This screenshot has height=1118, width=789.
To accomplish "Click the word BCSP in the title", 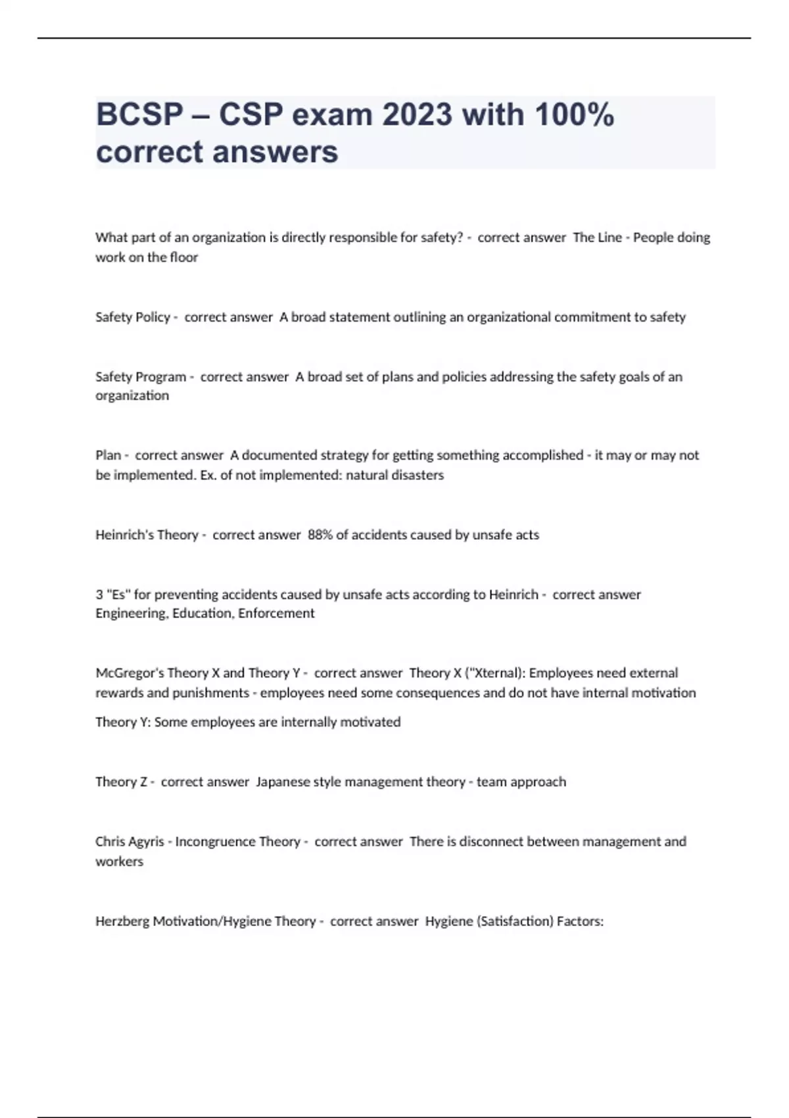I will [x=139, y=115].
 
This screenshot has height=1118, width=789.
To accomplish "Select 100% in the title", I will [x=574, y=115].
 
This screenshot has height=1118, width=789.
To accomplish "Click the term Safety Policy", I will [x=133, y=317].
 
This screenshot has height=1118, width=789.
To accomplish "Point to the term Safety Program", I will [x=141, y=377].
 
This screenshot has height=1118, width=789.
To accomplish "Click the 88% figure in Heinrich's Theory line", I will [x=320, y=535].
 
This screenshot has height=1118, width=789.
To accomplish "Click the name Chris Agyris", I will [x=130, y=841].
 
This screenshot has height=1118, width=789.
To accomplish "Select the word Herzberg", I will [x=122, y=921].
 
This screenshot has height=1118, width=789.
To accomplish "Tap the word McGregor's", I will [x=129, y=673].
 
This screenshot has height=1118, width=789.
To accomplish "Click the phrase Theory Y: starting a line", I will [x=123, y=721].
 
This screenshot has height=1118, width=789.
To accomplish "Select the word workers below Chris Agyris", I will [x=119, y=861].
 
